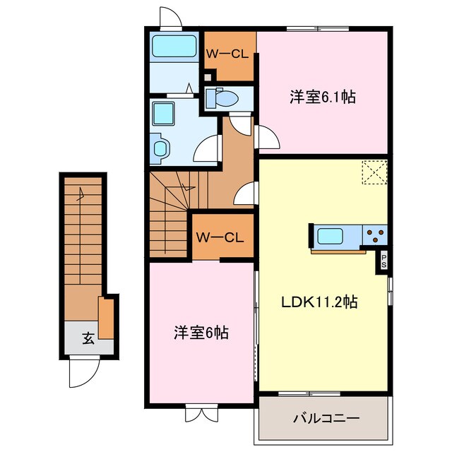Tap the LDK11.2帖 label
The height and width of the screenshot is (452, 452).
coord(319,302)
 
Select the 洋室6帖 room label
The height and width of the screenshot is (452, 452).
coord(201,331)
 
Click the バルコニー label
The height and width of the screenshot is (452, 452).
coord(326,418)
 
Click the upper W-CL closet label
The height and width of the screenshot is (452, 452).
coord(227,53)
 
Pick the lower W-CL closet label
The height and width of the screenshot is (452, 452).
coord(220,237)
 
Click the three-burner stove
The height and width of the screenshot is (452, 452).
coord(375,234)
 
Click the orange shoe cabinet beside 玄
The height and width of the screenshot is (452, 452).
coord(106,318)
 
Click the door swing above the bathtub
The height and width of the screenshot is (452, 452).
coord(170,18)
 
